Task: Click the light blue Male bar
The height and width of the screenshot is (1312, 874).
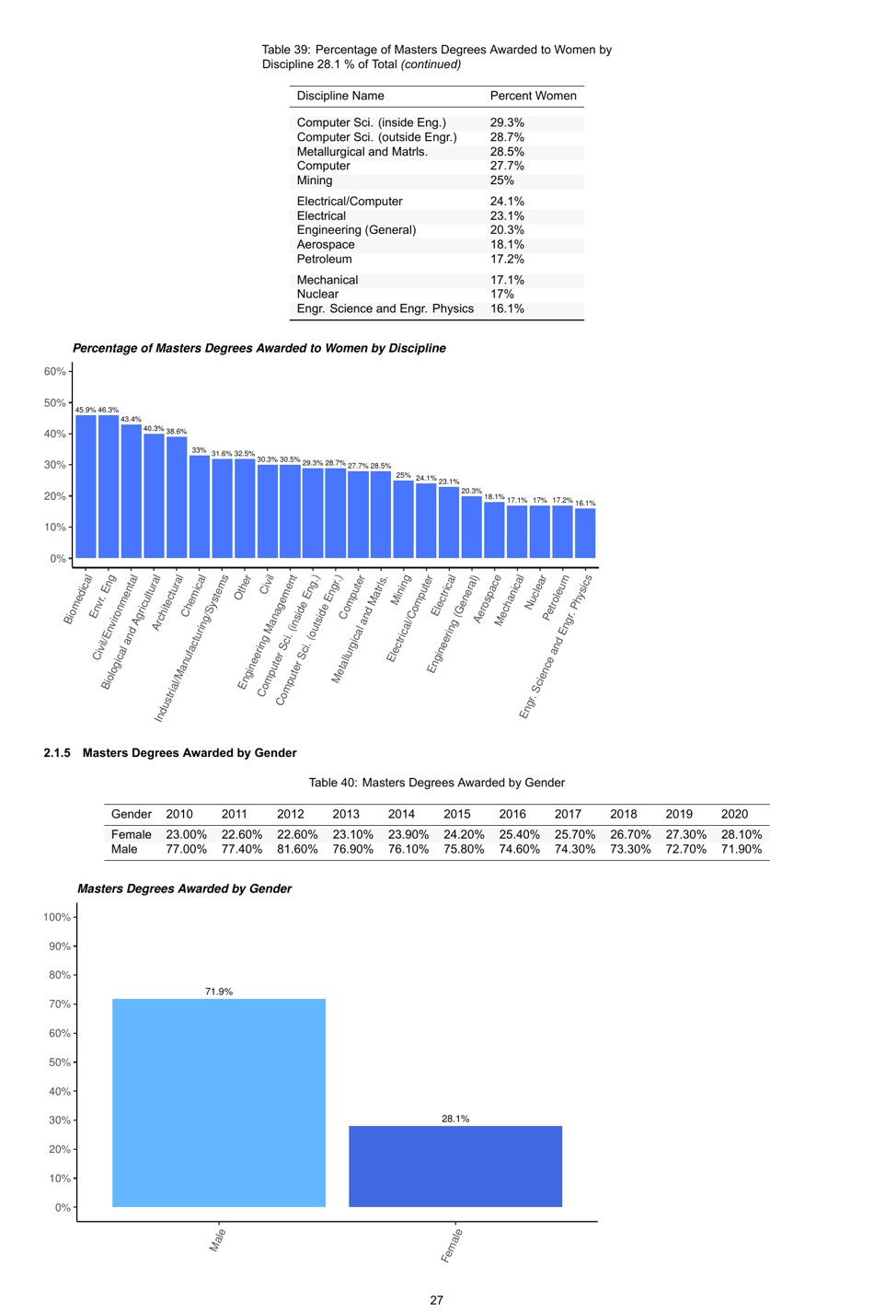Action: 219,1102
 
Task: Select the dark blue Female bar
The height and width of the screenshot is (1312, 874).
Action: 455,1166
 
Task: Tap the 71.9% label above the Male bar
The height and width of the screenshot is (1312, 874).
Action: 219,992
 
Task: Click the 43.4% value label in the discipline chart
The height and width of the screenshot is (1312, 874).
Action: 131,419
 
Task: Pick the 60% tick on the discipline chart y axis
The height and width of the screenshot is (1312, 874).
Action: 55,371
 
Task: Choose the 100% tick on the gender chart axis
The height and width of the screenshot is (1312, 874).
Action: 57,917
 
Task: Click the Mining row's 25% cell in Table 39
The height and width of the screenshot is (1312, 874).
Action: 502,180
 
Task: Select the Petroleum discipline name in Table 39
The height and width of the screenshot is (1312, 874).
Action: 324,259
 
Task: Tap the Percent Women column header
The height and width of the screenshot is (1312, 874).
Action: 533,96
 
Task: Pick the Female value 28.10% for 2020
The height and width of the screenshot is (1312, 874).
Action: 742,834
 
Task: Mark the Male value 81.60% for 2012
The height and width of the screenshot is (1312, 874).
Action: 297,849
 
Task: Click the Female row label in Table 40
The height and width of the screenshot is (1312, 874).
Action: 131,834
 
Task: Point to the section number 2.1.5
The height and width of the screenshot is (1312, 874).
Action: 57,753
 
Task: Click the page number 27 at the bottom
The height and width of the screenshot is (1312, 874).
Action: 436,1300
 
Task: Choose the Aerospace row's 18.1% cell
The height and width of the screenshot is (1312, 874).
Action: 507,245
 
